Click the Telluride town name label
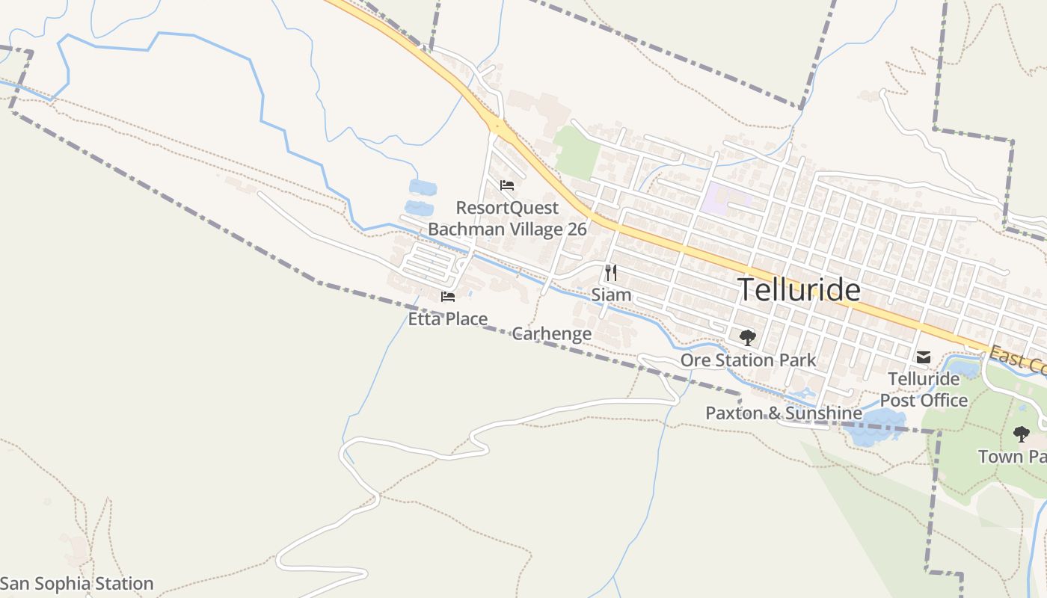[x=799, y=290]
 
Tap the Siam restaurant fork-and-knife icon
[x=611, y=273]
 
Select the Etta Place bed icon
[x=448, y=297]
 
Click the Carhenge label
[x=551, y=333]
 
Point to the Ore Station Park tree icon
[x=747, y=338]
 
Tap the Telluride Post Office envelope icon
[x=924, y=357]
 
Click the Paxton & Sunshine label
[x=783, y=413]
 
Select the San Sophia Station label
[x=77, y=584]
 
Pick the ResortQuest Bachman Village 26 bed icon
[x=507, y=185]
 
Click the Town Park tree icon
[x=1021, y=434]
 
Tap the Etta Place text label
[x=447, y=319]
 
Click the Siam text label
[x=611, y=295]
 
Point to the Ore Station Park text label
[x=748, y=360]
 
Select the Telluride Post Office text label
[x=924, y=389]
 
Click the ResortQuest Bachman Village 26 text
[x=507, y=218]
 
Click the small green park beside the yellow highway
[x=577, y=152]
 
